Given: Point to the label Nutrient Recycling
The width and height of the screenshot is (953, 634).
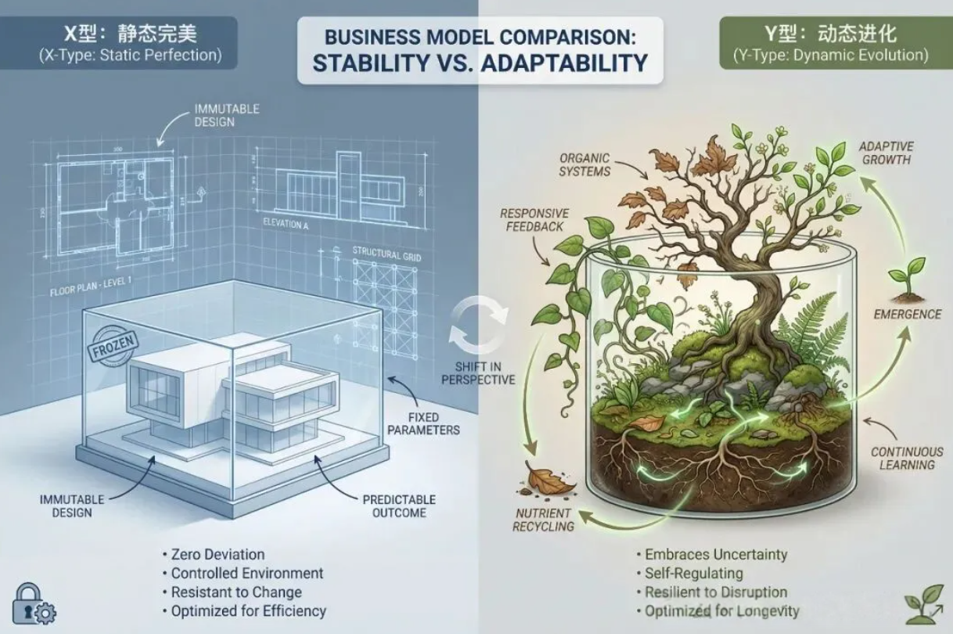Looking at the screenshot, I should [x=542, y=520].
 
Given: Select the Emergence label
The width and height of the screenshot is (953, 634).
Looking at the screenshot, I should [x=908, y=314].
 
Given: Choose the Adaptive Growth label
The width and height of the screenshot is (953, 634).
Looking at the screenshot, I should [x=886, y=153].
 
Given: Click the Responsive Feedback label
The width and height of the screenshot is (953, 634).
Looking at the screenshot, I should [x=534, y=220].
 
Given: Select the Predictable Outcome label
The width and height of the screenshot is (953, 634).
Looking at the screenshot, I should [x=399, y=506].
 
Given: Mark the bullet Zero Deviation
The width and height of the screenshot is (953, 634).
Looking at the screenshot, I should [x=217, y=555].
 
